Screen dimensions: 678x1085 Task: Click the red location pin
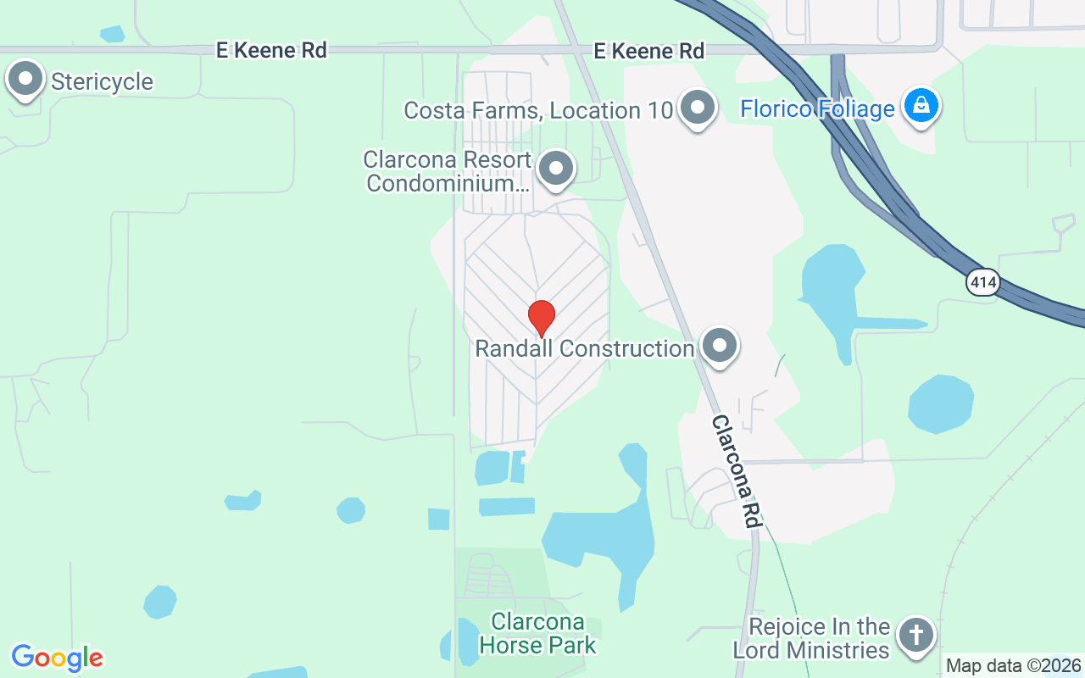(542, 318)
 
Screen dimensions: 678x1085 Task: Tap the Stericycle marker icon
(25, 81)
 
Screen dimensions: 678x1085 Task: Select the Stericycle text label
(102, 82)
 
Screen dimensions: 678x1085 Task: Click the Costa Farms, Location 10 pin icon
(698, 108)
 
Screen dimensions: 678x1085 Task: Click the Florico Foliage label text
(817, 109)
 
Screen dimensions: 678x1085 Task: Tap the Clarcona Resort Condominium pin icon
(556, 168)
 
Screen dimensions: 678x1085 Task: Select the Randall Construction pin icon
(721, 345)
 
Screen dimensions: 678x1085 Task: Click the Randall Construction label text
(585, 348)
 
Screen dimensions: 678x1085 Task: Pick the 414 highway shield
(982, 283)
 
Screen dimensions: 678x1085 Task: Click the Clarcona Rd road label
(734, 470)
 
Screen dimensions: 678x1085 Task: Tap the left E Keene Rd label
(271, 51)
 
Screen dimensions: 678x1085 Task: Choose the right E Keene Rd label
(648, 52)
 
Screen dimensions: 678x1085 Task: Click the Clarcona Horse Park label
(537, 634)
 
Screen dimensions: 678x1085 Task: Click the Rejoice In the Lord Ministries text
(811, 639)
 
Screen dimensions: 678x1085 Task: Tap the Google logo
(58, 658)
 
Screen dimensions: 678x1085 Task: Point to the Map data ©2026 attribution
(1014, 666)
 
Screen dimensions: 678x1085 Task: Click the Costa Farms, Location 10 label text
(538, 111)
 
